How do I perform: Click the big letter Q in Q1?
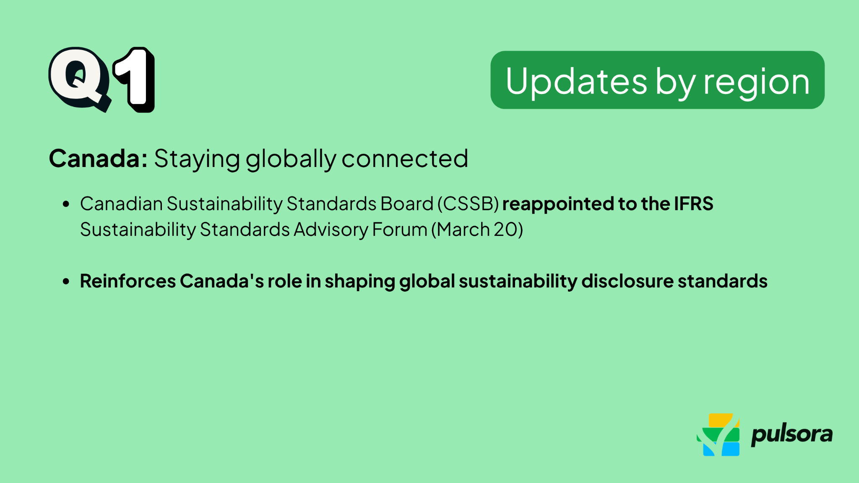click(x=78, y=78)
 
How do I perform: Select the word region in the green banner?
click(x=756, y=82)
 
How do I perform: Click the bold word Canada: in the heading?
click(x=98, y=159)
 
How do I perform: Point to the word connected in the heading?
click(x=405, y=159)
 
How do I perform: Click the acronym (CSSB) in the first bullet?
click(x=468, y=204)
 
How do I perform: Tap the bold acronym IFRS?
click(x=693, y=204)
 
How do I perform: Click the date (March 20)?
click(x=477, y=230)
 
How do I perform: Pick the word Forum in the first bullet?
click(x=399, y=230)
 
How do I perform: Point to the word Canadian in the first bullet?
click(x=121, y=204)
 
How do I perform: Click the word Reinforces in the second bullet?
click(x=128, y=281)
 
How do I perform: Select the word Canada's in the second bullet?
click(x=222, y=281)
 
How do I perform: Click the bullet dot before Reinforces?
click(x=66, y=282)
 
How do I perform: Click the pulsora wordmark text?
click(x=791, y=435)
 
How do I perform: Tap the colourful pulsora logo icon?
click(x=718, y=435)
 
